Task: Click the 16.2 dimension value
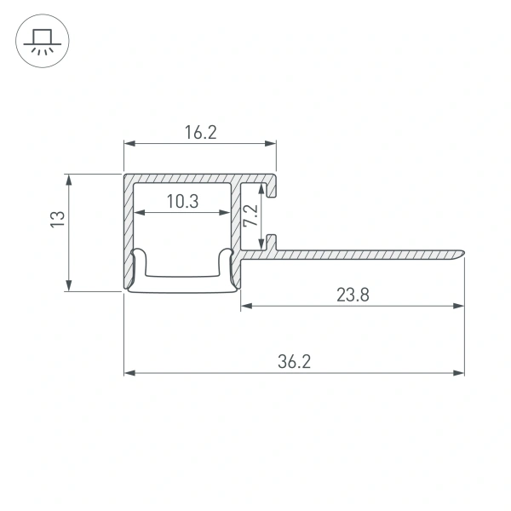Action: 200,132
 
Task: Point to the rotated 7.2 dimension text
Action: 251,214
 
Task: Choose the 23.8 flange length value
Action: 352,295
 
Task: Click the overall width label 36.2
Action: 294,362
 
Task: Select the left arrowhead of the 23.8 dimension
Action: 246,305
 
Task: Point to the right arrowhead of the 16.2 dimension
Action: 273,143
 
